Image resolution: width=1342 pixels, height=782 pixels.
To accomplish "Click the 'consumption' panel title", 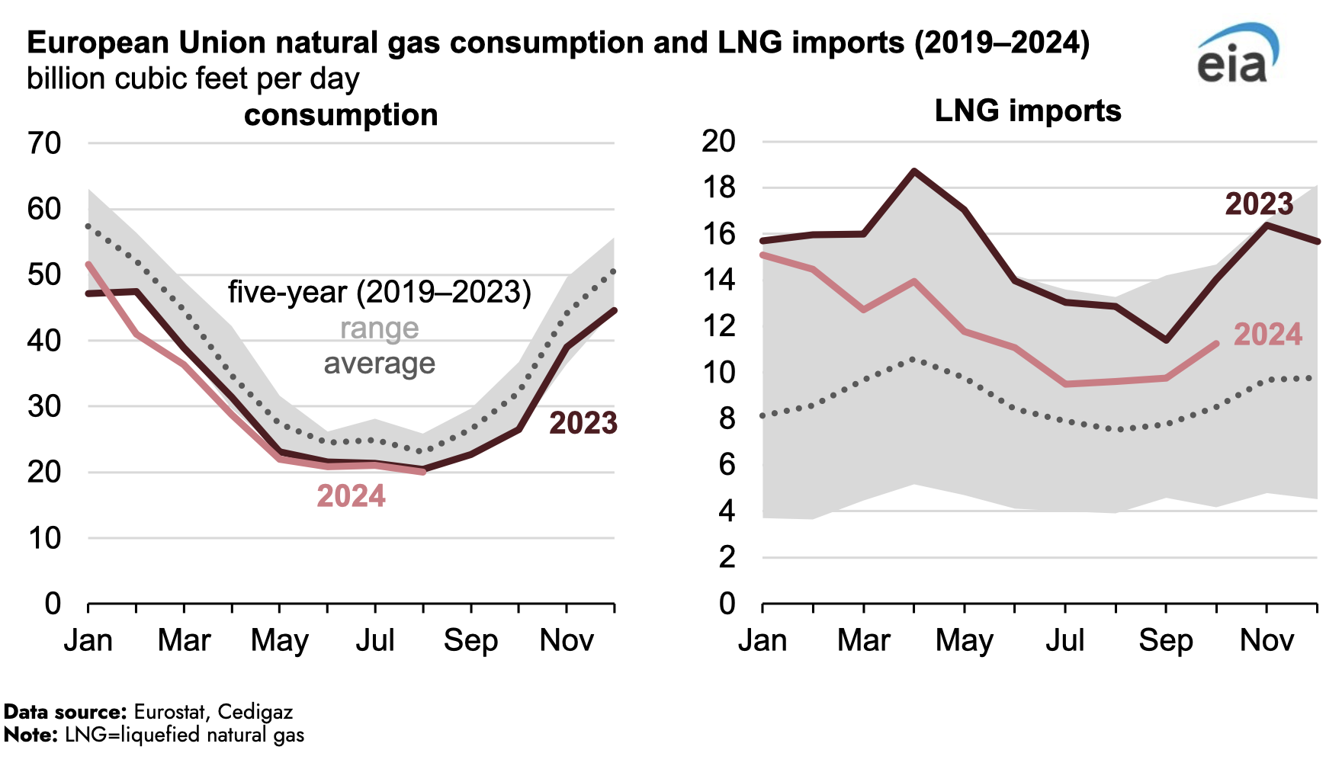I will point(341,115).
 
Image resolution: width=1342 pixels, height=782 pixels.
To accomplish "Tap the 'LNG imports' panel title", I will point(1028,111).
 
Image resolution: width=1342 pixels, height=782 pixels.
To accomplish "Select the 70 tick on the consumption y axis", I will point(44,143).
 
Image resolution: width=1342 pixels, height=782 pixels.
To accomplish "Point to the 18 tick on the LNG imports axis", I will point(718,187).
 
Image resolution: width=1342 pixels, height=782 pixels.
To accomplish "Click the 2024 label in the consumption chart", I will point(351,496).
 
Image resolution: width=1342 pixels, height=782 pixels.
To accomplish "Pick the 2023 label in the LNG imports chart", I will point(1259,204).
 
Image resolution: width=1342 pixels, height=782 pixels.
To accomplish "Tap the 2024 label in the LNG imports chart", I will point(1268,335).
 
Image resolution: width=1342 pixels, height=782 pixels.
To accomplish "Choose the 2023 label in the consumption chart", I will point(583,423).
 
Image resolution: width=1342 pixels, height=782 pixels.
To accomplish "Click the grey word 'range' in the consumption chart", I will point(379,329).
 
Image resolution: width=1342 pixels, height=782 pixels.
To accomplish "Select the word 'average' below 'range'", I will point(379,364).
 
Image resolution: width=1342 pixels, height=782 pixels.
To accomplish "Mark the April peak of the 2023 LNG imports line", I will point(914,171).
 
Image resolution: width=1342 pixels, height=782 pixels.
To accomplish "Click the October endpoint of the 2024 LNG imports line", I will point(1216,344).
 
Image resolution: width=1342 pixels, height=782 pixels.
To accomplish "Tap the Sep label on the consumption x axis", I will point(470,640).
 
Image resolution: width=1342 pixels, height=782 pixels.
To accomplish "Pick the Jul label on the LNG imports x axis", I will point(1064,640).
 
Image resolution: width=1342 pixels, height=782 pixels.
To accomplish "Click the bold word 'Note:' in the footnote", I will point(30,735).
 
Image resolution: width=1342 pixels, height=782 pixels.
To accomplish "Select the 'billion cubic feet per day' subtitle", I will point(193,79).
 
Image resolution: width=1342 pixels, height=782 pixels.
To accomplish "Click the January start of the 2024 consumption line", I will point(88,264).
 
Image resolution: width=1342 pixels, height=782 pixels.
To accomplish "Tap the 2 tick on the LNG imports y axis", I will point(727,558).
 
